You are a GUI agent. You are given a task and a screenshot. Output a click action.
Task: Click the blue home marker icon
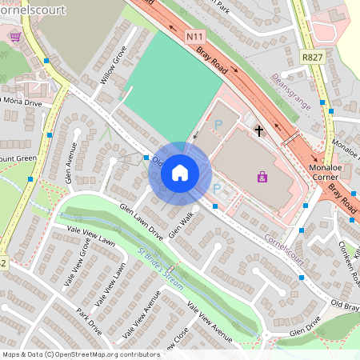point(180,172)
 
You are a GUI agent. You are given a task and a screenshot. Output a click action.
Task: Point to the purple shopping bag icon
point(262,176)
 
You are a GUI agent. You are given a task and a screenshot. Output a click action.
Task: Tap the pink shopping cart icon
point(14,36)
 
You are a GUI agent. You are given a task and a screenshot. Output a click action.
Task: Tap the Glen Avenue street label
point(70,162)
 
